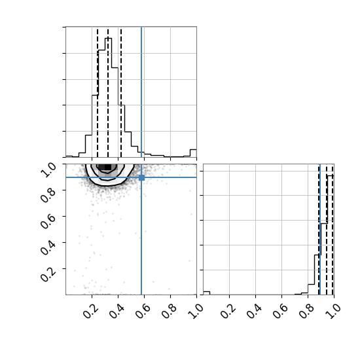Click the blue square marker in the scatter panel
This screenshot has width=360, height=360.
coord(141,177)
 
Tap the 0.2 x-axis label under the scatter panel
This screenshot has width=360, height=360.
coord(91,311)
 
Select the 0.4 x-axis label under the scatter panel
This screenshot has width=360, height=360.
coord(117,311)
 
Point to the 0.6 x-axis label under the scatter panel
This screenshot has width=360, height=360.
coord(143,311)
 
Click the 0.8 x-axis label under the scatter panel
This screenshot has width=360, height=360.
coord(170,311)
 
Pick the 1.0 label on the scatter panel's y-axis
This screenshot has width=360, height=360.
coord(48,170)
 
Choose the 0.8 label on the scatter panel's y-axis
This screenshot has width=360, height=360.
coord(48,196)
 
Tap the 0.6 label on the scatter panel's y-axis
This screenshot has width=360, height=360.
coord(48,221)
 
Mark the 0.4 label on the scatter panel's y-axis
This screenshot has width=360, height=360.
coord(48,247)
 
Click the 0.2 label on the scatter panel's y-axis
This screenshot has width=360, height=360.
coord(48,274)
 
